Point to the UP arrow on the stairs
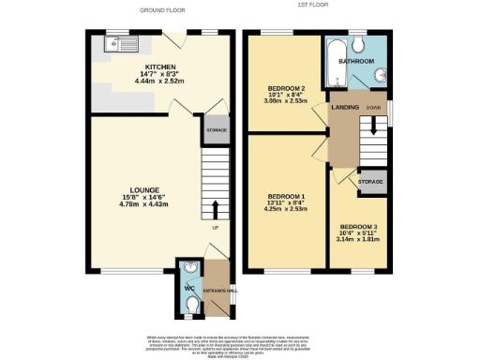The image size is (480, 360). (x=215, y=209)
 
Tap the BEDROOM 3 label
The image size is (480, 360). (x=360, y=227)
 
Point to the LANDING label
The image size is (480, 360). (x=345, y=108)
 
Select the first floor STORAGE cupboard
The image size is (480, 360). (x=371, y=181)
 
